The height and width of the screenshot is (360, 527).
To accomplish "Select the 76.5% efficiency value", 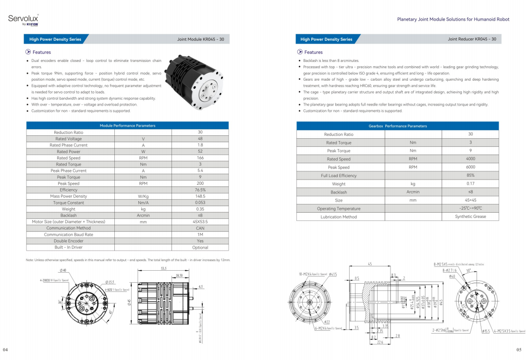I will coord(200,190).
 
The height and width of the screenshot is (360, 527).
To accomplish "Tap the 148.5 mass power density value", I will coord(200,196).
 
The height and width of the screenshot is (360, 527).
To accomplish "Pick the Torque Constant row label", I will coord(69,203).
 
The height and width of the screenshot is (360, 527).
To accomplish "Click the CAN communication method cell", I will coord(200,228).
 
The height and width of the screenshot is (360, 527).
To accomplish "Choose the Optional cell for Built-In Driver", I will coord(200,248).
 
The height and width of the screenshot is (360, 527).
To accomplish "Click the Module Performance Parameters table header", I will coord(127,126).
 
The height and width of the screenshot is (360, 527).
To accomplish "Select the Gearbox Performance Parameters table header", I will coord(397,126).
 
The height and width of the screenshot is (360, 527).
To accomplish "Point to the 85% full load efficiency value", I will coord(470,176).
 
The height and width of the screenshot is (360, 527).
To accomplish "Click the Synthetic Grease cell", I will coord(470,216).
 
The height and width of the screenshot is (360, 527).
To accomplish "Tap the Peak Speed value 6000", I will coord(470,168).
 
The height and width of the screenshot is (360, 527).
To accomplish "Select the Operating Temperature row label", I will coord(339,209).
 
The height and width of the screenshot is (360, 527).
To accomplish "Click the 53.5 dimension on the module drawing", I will coord(164,268).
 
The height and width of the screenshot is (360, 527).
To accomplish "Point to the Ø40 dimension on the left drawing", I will coord(62,270).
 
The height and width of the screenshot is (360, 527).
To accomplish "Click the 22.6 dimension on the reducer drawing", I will coord(380,342).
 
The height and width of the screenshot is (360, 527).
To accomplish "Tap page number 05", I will coord(519,350).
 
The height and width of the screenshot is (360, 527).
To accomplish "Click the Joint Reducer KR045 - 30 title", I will coord(472,39).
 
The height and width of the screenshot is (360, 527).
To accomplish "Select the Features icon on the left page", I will coord(28,52).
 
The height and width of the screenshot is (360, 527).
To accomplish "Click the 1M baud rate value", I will coord(200,235).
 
